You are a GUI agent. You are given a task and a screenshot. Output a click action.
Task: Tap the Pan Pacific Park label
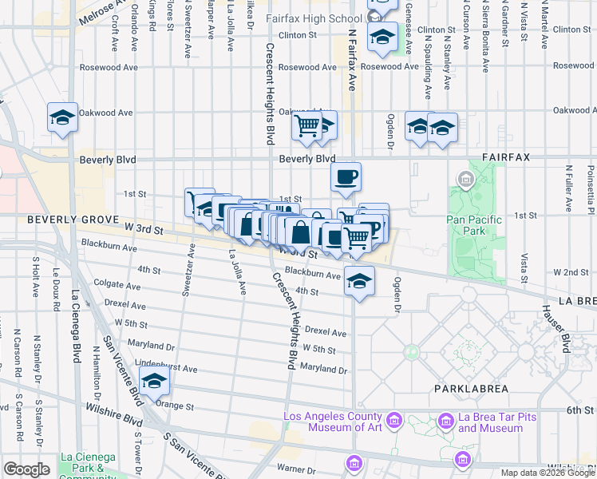[x=474, y=225]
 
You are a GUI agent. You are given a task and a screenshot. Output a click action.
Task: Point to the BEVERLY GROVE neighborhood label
[x=73, y=220]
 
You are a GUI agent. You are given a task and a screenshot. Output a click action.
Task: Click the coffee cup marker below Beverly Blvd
[x=346, y=177]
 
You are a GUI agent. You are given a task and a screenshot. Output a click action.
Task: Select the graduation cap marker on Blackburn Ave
[x=360, y=281]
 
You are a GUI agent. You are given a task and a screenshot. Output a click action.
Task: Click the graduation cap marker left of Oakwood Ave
[x=62, y=117]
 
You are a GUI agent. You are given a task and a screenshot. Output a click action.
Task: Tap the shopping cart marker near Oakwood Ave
[x=306, y=125]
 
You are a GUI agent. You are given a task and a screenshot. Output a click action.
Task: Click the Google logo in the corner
[x=26, y=469]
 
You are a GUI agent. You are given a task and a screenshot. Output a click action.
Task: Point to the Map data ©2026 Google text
[x=547, y=473]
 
